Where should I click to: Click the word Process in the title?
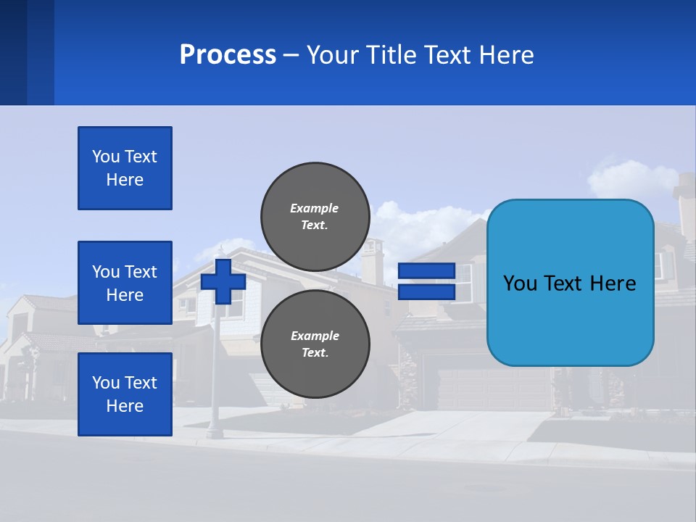228,55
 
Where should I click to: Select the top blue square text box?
125,168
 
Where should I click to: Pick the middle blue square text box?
125,283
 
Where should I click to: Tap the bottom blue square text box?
125,394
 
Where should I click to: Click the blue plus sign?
223,281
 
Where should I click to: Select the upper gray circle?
315,217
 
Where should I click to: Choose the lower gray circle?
315,344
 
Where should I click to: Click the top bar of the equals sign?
426,271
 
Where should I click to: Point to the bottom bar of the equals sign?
426,292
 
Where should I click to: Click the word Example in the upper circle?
314,208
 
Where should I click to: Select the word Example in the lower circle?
314,336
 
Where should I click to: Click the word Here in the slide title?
507,55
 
